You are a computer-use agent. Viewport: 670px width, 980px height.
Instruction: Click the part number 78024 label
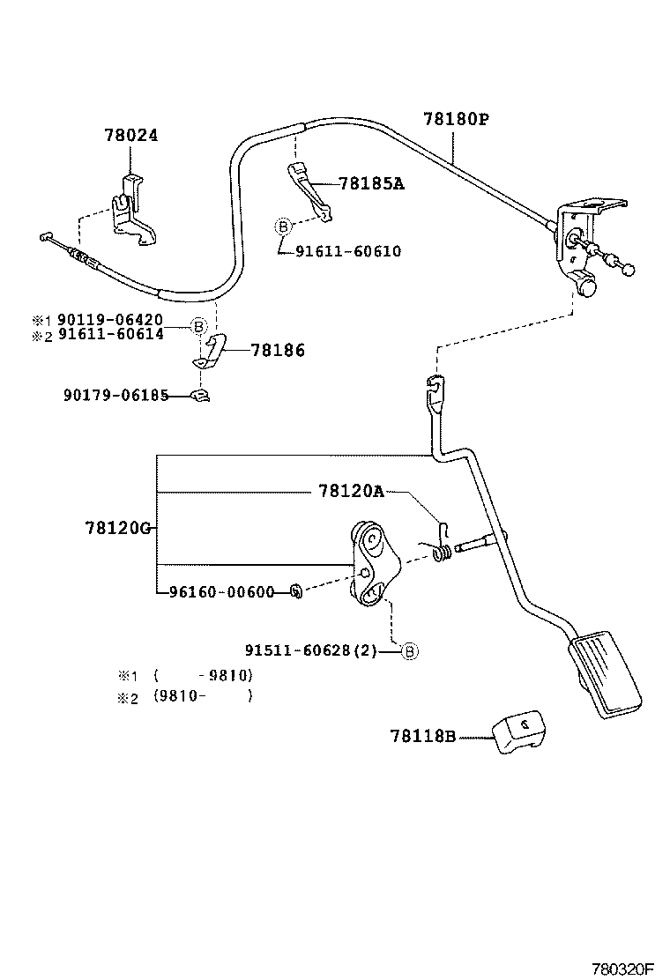point(131,136)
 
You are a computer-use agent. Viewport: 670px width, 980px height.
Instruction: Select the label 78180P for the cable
point(455,118)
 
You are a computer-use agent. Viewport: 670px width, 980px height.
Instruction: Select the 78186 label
point(278,351)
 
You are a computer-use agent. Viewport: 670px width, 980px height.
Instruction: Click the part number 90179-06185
point(115,396)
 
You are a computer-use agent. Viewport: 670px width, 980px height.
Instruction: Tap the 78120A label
point(351,492)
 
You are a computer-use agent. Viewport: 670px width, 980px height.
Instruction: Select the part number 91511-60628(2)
point(322,651)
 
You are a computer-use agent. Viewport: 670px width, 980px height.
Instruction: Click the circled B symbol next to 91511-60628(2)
point(409,651)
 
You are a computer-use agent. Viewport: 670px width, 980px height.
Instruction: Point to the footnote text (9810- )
point(203,695)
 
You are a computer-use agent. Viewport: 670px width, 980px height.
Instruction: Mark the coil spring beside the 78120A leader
point(445,552)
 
